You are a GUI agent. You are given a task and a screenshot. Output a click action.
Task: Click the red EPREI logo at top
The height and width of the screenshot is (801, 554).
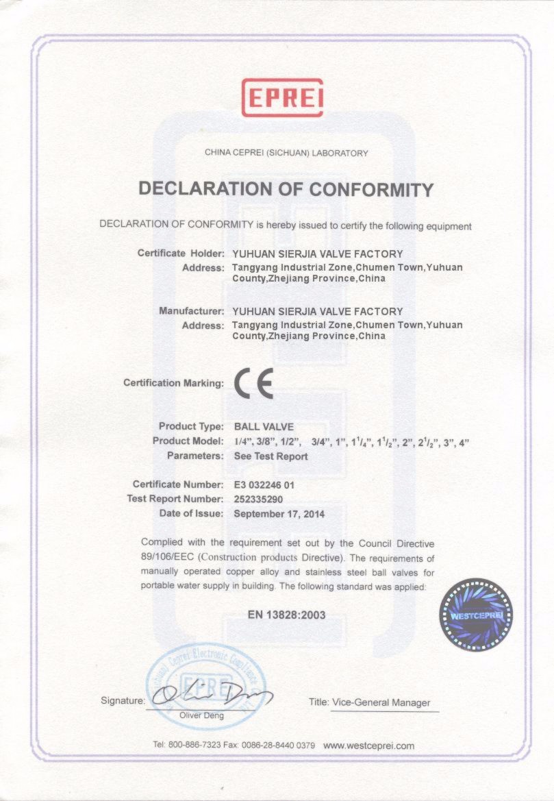coord(282,98)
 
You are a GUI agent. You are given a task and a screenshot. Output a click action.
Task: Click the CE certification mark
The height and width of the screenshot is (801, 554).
coord(254,383)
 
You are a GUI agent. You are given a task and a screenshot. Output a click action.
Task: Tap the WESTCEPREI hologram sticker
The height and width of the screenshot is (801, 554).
coord(477,615)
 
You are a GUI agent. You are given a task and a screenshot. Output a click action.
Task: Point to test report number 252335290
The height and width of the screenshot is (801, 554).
coord(262,499)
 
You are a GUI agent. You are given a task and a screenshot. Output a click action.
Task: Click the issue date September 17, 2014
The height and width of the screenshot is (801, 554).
coord(279,513)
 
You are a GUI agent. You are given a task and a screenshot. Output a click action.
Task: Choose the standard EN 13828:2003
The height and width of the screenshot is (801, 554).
coord(286,615)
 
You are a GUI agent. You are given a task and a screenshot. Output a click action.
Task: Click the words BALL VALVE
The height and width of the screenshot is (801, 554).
coord(264,426)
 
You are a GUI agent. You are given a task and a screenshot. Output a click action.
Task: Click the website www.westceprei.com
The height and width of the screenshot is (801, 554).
coord(368,745)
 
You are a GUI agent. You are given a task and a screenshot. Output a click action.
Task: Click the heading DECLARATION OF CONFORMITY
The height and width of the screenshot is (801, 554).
coord(286,189)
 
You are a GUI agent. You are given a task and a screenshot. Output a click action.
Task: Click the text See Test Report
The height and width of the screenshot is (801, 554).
coord(270,456)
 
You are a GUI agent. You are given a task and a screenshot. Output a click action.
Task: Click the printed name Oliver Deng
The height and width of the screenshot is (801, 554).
coord(201,715)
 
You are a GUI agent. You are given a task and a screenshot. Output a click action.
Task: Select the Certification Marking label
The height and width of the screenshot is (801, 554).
coord(173,382)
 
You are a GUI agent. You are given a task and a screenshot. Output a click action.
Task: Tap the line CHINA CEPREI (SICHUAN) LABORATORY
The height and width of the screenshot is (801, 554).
coord(286,153)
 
